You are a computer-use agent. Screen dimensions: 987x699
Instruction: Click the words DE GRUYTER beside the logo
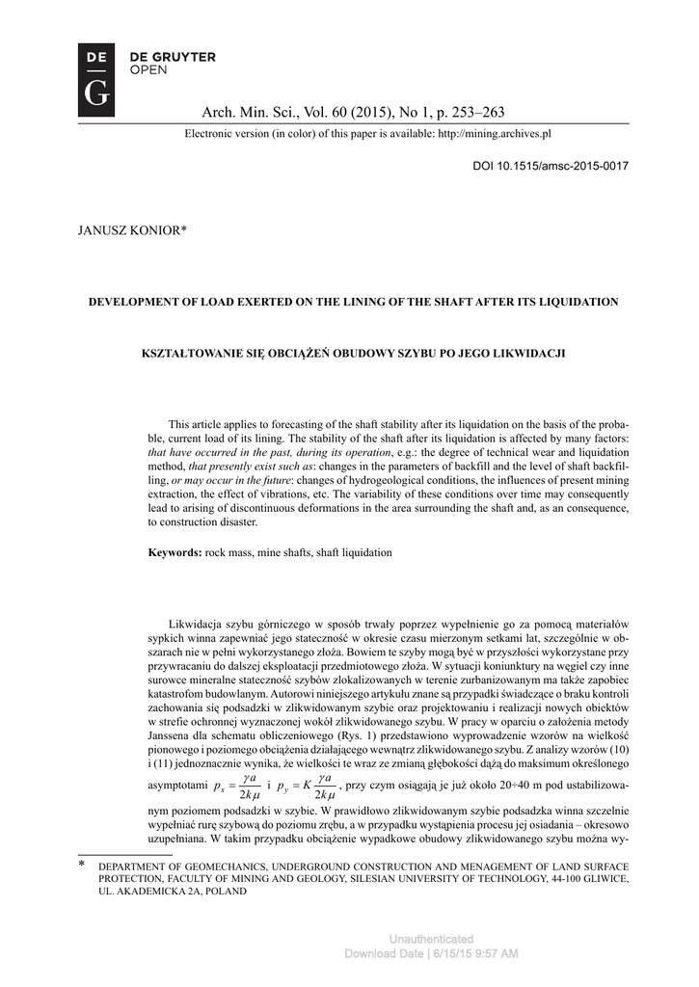[x=173, y=57]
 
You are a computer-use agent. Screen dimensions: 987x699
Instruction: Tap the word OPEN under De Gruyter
[x=147, y=70]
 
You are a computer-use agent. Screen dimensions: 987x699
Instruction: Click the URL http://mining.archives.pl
[x=494, y=134]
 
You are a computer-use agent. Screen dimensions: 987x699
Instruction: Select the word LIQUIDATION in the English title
[x=572, y=302]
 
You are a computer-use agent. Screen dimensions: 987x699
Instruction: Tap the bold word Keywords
[x=174, y=552]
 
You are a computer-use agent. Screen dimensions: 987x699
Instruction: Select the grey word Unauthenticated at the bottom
[x=431, y=939]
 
